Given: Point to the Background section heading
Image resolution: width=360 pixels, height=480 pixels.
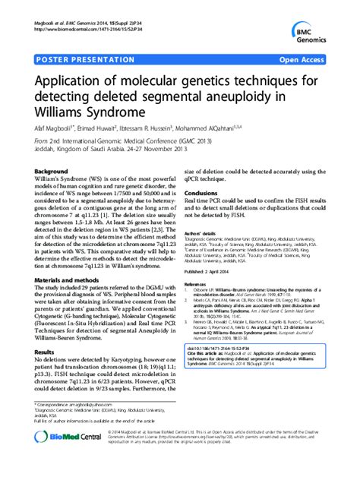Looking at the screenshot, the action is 55,172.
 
